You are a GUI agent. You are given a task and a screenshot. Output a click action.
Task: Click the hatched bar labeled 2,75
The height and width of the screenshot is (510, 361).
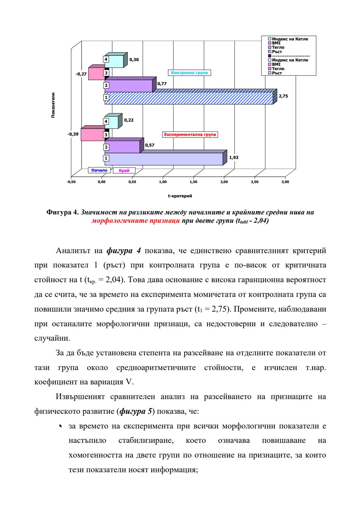[189, 98]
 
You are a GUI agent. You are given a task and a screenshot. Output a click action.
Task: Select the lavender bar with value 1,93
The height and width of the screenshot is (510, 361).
[164, 159]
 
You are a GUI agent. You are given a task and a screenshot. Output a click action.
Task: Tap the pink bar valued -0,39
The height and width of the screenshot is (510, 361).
[93, 135]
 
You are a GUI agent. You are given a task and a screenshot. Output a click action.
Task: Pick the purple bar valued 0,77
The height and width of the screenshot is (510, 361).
[129, 86]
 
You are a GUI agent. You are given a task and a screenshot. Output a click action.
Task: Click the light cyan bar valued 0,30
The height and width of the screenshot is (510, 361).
[114, 61]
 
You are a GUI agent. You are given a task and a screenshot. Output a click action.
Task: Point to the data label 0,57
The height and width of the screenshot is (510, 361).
[150, 145]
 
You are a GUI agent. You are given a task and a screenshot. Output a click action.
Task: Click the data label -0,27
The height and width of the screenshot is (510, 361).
[81, 74]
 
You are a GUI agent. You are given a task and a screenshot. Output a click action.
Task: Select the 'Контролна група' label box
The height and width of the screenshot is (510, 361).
[189, 73]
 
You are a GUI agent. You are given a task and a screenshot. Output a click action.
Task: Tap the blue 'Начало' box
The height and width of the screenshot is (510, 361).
[99, 170]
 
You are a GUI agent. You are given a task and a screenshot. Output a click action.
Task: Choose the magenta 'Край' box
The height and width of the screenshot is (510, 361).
[124, 171]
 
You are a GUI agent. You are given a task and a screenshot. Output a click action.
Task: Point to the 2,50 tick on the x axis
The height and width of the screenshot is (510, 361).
[254, 182]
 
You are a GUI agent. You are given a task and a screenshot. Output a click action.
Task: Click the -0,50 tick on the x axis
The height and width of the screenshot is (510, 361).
[71, 182]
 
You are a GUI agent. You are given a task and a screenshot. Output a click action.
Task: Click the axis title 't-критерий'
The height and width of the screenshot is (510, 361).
[180, 196]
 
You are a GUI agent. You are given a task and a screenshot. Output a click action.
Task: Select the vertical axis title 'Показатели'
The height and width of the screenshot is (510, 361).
[53, 105]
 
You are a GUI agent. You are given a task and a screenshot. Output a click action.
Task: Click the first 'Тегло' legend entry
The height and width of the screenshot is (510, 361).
[278, 47]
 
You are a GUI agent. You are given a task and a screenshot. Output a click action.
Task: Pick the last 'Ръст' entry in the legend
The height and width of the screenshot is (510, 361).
[277, 73]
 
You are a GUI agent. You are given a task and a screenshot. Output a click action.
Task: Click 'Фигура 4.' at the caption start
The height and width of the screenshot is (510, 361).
[63, 212]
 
